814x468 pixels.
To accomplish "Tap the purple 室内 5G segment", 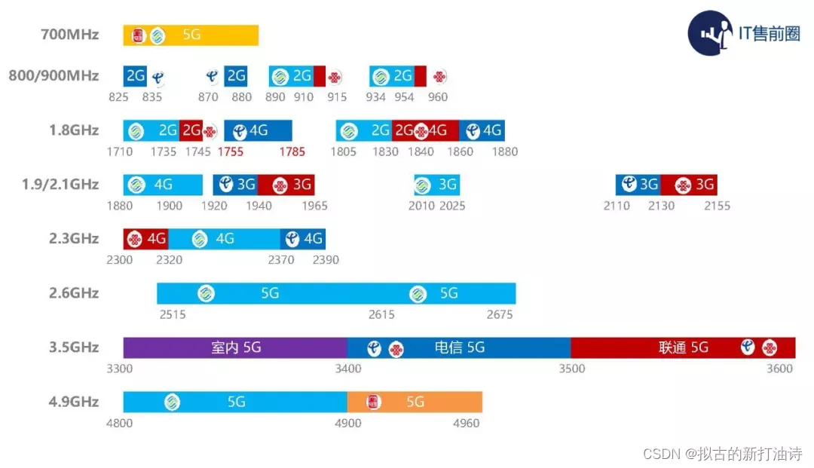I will (235, 347).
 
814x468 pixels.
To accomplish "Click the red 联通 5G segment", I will (683, 347).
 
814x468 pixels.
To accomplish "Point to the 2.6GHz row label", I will (73, 293).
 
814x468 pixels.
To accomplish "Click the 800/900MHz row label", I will (54, 75).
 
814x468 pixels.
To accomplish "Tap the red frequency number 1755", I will (231, 151).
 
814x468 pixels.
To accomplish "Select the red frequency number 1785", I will (292, 151).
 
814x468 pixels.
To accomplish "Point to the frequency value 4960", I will (466, 423).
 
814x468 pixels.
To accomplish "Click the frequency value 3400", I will (348, 369).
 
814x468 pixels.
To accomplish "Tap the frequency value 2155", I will (717, 206).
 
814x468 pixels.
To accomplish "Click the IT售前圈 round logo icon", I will (710, 33).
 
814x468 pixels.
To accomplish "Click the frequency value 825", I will (118, 96).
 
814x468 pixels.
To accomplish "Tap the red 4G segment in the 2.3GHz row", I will (145, 239).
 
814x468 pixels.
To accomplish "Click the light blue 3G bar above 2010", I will (436, 185).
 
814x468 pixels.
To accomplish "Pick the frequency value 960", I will (437, 96).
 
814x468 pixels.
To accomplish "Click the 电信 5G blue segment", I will (459, 347).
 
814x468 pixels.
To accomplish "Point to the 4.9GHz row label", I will (73, 402).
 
